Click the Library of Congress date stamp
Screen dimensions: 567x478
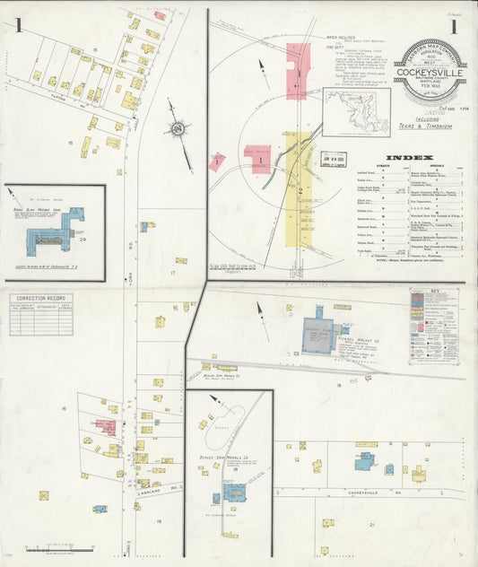338,160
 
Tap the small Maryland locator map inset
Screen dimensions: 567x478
356,111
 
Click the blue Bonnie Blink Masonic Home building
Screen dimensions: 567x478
56,226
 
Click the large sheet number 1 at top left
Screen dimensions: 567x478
18,25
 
